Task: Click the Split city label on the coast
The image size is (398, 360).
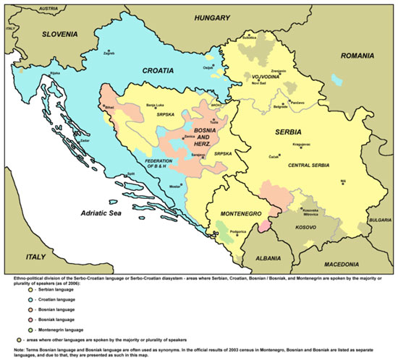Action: (130, 173)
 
